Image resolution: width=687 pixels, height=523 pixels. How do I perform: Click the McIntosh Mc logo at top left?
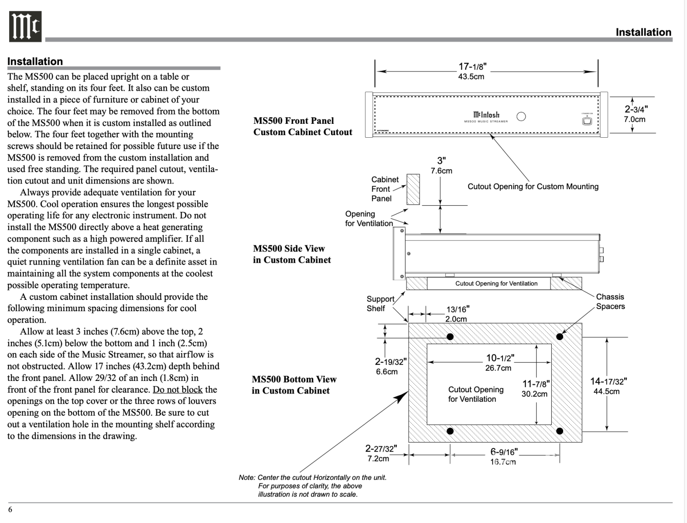pos(25,27)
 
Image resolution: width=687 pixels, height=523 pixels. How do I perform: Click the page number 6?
pos(10,509)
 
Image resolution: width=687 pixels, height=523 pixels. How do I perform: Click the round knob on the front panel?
pos(521,116)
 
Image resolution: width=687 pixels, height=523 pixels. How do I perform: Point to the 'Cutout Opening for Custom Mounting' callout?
pos(533,187)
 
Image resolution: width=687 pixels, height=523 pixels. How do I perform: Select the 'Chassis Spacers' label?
pos(610,302)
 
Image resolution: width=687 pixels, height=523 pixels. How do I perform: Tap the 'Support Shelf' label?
pos(380,304)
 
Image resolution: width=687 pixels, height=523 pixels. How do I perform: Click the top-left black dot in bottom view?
pos(450,336)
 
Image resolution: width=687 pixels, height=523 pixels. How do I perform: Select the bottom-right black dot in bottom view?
pos(560,431)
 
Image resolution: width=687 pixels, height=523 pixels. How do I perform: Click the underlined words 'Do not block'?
pos(178,390)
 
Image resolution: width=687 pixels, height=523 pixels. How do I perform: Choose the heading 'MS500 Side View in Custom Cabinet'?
pos(292,254)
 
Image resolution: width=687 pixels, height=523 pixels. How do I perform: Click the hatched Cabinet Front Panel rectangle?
pos(413,190)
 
